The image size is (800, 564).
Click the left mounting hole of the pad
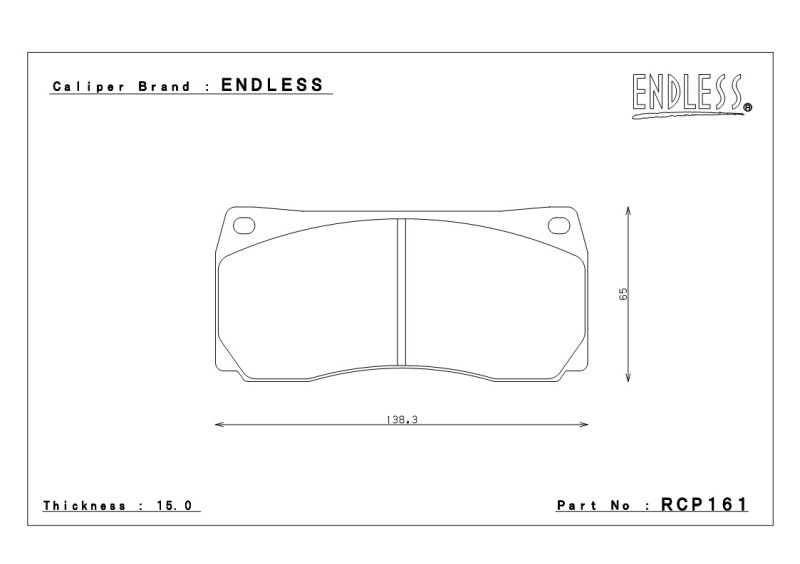tap(244, 226)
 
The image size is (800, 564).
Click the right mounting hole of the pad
tap(559, 226)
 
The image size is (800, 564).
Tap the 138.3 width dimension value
tap(402, 420)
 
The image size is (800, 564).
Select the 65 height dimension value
tap(623, 294)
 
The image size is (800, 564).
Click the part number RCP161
tap(704, 505)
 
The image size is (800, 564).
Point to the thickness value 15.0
tap(174, 506)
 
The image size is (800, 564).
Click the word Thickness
tap(84, 506)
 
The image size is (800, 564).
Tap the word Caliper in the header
tap(88, 87)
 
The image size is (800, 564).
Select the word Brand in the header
tap(164, 86)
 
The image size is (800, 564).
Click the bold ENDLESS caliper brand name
tap(272, 85)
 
